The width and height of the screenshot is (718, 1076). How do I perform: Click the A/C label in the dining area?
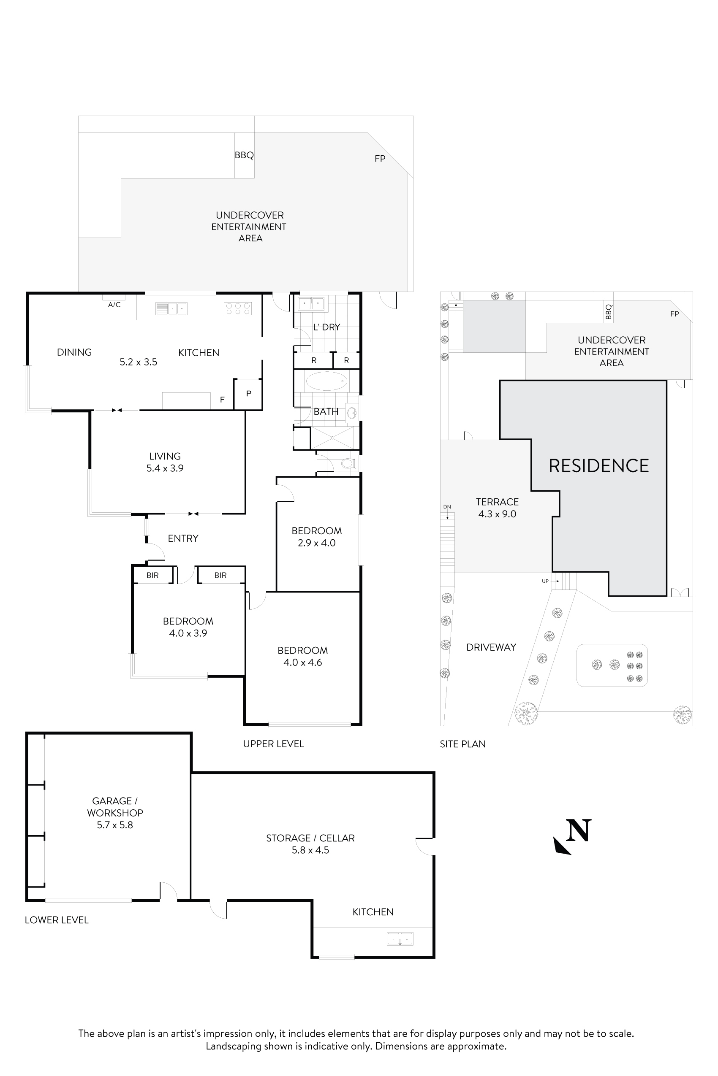(114, 305)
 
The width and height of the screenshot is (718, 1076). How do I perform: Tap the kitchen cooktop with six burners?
(238, 308)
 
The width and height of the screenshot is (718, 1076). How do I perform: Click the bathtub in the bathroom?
(326, 381)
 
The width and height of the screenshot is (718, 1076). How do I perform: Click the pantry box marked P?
(248, 393)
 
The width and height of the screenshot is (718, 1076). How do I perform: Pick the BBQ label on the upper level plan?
(244, 155)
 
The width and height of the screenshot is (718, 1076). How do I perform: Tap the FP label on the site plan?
(674, 314)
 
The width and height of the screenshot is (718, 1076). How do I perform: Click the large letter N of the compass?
(578, 830)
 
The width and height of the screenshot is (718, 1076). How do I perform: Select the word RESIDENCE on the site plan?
(598, 466)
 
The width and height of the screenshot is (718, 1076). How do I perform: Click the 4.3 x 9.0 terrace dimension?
(497, 514)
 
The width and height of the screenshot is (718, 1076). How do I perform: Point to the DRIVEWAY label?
(491, 647)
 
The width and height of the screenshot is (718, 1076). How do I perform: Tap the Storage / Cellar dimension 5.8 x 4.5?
(310, 850)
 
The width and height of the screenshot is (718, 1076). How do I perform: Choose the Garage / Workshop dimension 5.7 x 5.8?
(115, 825)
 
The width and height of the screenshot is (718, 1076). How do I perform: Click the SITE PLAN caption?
(462, 744)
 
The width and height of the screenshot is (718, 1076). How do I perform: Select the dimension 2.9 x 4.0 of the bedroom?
(316, 543)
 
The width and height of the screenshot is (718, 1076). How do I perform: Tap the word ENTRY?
(183, 538)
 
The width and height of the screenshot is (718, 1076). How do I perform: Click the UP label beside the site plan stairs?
(545, 581)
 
